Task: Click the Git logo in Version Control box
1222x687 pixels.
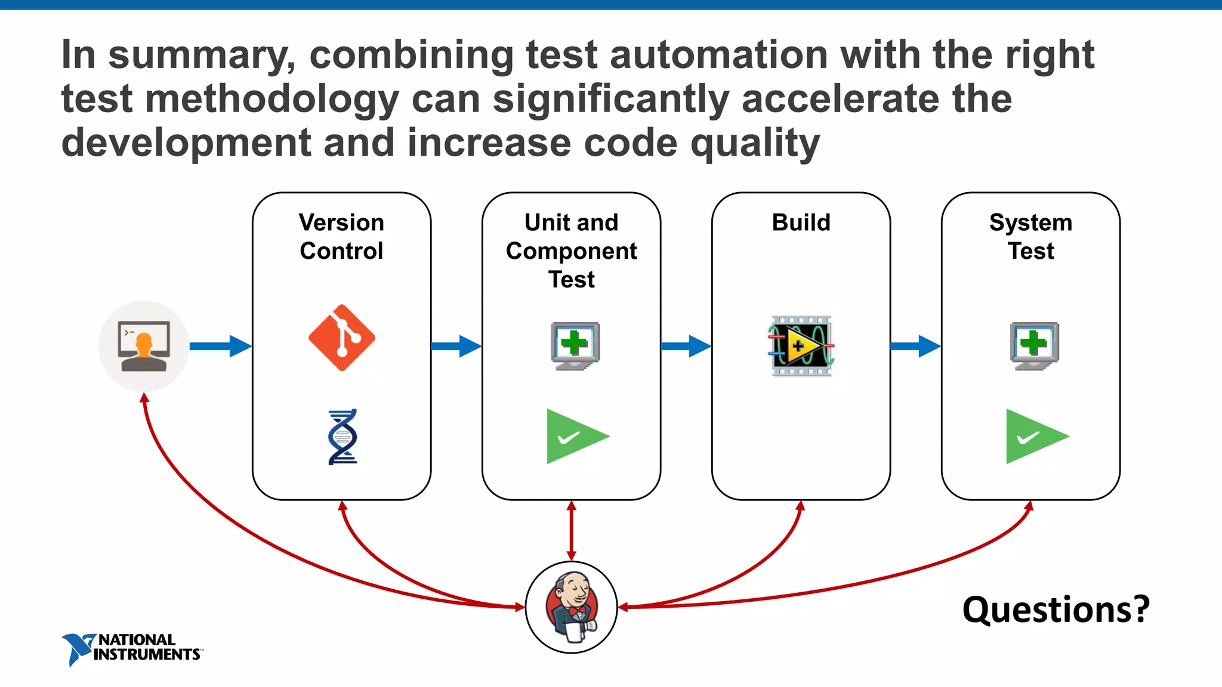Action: pyautogui.click(x=341, y=338)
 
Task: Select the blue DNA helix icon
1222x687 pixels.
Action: pyautogui.click(x=342, y=437)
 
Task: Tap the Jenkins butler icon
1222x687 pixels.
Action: pyautogui.click(x=571, y=607)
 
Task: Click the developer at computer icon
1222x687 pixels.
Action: pyautogui.click(x=144, y=346)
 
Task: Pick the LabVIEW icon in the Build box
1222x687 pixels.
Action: pyautogui.click(x=801, y=346)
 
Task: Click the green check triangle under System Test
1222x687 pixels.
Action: pyautogui.click(x=1033, y=437)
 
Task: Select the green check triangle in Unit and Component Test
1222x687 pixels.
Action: pyautogui.click(x=574, y=437)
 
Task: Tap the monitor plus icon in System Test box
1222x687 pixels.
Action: pyautogui.click(x=1034, y=346)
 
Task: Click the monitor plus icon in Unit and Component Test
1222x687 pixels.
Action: pyautogui.click(x=575, y=346)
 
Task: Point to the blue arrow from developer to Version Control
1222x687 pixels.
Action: pyautogui.click(x=220, y=346)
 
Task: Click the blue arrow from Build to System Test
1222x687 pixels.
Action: pyautogui.click(x=915, y=346)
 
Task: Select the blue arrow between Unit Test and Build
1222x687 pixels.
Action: pyautogui.click(x=685, y=346)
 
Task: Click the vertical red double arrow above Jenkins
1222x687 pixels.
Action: pyautogui.click(x=571, y=530)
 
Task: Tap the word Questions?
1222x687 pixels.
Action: pyautogui.click(x=1056, y=609)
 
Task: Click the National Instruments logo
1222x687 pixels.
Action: pyautogui.click(x=132, y=648)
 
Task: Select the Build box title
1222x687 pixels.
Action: pyautogui.click(x=801, y=222)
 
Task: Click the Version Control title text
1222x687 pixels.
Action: pyautogui.click(x=341, y=237)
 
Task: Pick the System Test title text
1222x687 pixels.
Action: pyautogui.click(x=1030, y=237)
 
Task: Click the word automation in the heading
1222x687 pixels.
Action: pyautogui.click(x=718, y=55)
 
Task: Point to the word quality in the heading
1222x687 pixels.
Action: pyautogui.click(x=755, y=144)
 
